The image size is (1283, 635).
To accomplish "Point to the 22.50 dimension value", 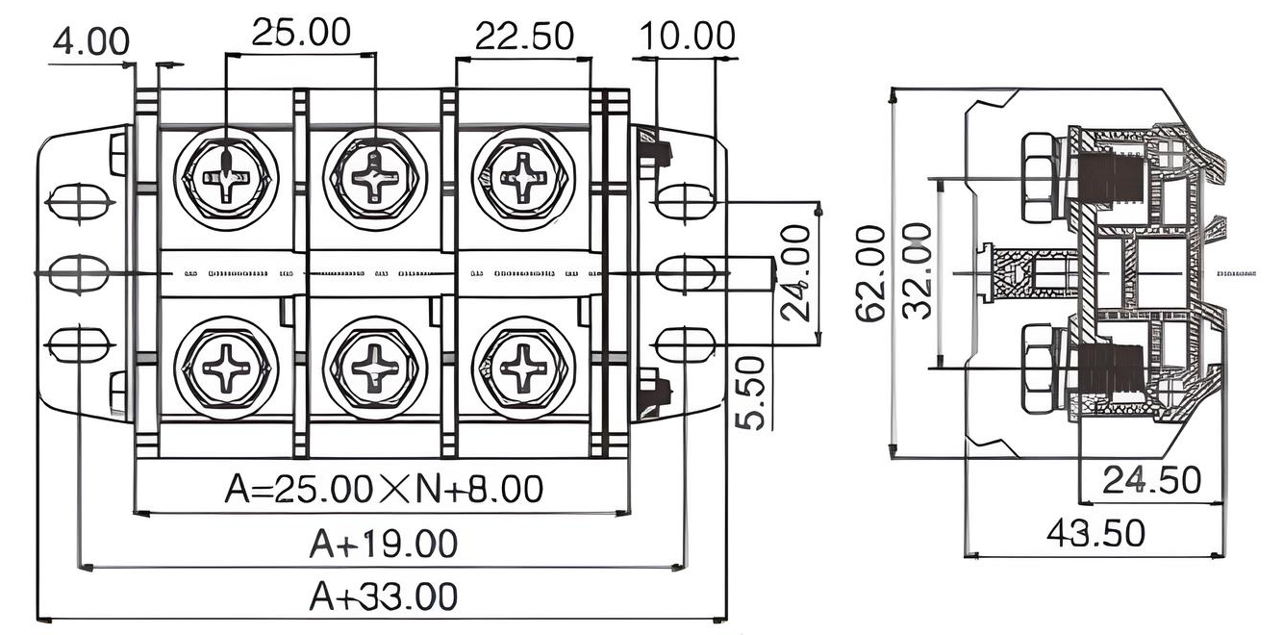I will [524, 37].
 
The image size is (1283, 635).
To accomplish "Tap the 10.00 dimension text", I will [687, 36].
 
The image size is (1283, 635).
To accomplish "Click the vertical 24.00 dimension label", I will [795, 273].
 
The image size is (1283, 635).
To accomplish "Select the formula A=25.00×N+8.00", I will [383, 489].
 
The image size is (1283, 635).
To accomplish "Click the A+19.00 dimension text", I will [383, 545].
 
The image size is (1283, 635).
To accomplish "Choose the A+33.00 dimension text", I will [383, 597].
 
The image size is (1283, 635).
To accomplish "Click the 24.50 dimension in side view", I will [1151, 480].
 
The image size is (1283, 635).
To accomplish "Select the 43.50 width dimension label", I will [1095, 532].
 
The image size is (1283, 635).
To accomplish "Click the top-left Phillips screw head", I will [226, 178].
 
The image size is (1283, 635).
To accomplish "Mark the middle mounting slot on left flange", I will [79, 273].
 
